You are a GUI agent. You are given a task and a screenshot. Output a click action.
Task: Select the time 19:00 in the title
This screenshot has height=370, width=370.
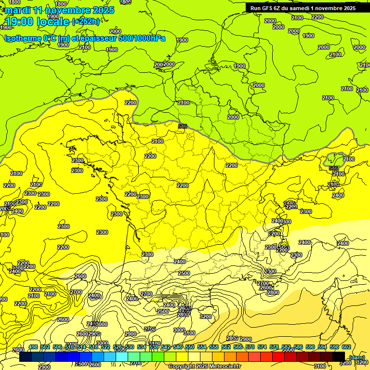coord(20,22)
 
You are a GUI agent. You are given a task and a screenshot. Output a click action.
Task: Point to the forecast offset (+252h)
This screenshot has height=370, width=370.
coord(86,22)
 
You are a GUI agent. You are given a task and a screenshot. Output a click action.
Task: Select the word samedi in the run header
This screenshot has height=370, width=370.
coord(306,8)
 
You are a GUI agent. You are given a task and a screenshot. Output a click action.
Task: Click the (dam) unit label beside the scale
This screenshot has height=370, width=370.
coord(357,357)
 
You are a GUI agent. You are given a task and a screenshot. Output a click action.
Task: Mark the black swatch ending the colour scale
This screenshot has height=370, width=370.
coord(339,356)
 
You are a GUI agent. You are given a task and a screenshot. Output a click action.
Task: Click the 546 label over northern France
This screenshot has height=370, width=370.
coord(183,126)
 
